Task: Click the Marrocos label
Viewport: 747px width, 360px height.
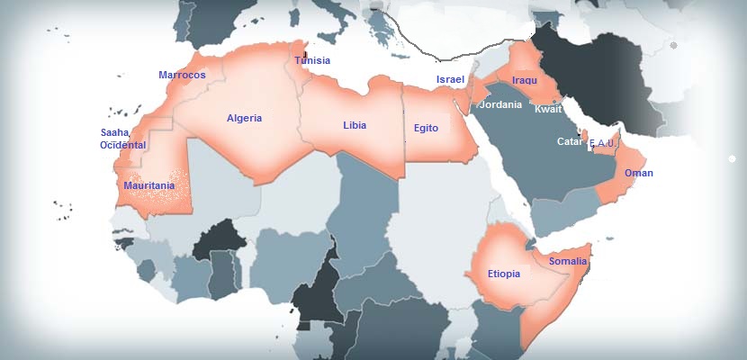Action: [182, 76]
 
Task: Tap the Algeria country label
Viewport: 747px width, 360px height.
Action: [245, 119]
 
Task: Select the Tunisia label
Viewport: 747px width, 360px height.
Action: [312, 61]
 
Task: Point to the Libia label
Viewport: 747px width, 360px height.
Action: [355, 125]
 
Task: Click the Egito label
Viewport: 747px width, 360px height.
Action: [426, 129]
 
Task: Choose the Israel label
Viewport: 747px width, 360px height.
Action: [450, 80]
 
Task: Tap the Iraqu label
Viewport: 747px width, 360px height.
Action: [525, 81]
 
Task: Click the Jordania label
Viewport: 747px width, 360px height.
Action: [500, 105]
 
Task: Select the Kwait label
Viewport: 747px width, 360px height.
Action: [548, 109]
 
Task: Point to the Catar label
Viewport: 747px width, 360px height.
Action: [570, 142]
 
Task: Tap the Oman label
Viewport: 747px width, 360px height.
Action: [639, 173]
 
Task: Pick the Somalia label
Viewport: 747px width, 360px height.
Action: [568, 262]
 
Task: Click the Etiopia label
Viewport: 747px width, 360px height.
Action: [504, 274]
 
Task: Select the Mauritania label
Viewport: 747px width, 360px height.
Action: [148, 185]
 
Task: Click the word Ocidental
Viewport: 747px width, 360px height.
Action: [123, 145]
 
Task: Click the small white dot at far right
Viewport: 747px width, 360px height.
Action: [732, 159]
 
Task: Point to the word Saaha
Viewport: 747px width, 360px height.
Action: [115, 132]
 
